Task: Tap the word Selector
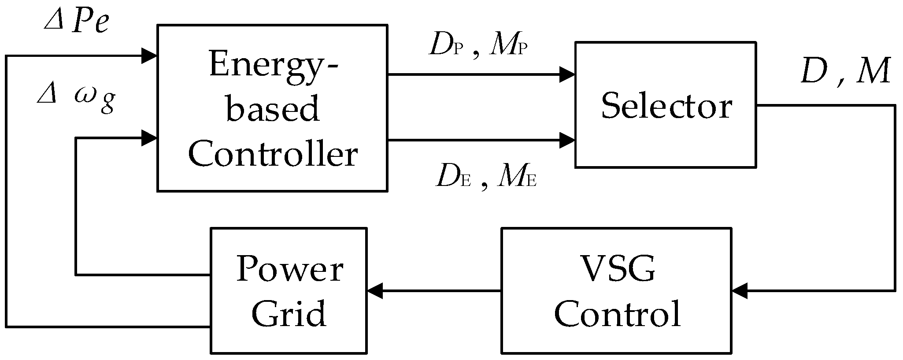pyautogui.click(x=666, y=106)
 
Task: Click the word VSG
pyautogui.click(x=617, y=269)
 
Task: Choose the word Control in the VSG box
pyautogui.click(x=617, y=314)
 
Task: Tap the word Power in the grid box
pyautogui.click(x=289, y=269)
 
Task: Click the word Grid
pyautogui.click(x=289, y=314)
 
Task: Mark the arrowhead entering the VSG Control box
pyautogui.click(x=739, y=291)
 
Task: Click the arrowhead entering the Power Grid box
pyautogui.click(x=374, y=291)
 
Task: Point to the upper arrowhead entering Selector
pyautogui.click(x=567, y=74)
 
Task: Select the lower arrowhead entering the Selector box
pyautogui.click(x=567, y=141)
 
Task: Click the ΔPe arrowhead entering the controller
pyautogui.click(x=149, y=56)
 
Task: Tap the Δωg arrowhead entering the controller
pyautogui.click(x=149, y=138)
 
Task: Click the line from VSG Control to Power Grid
pyautogui.click(x=440, y=291)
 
